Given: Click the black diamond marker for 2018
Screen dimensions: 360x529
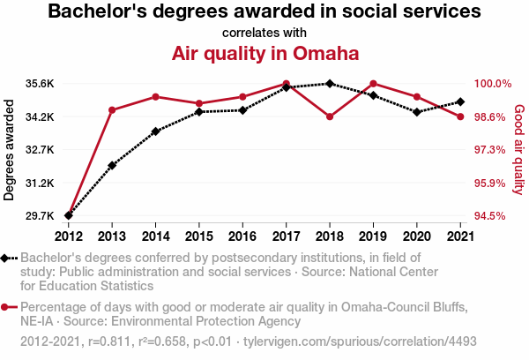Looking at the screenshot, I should (x=329, y=84).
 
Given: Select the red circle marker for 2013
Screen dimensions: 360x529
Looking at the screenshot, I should (x=112, y=110).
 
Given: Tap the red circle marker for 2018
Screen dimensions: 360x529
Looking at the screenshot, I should (x=329, y=116).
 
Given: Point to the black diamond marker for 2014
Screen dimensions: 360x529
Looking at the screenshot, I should (x=155, y=131).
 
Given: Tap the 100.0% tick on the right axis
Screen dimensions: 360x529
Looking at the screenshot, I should (x=493, y=84).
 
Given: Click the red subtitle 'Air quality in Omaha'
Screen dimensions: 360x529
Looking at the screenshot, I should (x=264, y=53).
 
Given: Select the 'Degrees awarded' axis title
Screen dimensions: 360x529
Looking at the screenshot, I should (x=10, y=150).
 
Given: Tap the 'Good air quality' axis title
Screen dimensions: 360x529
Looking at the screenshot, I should (x=518, y=150).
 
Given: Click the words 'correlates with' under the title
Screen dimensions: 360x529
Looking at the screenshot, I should (x=264, y=33).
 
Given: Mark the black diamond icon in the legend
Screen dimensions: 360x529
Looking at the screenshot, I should (x=7, y=258).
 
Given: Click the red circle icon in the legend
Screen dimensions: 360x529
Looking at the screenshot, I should (x=7, y=307).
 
